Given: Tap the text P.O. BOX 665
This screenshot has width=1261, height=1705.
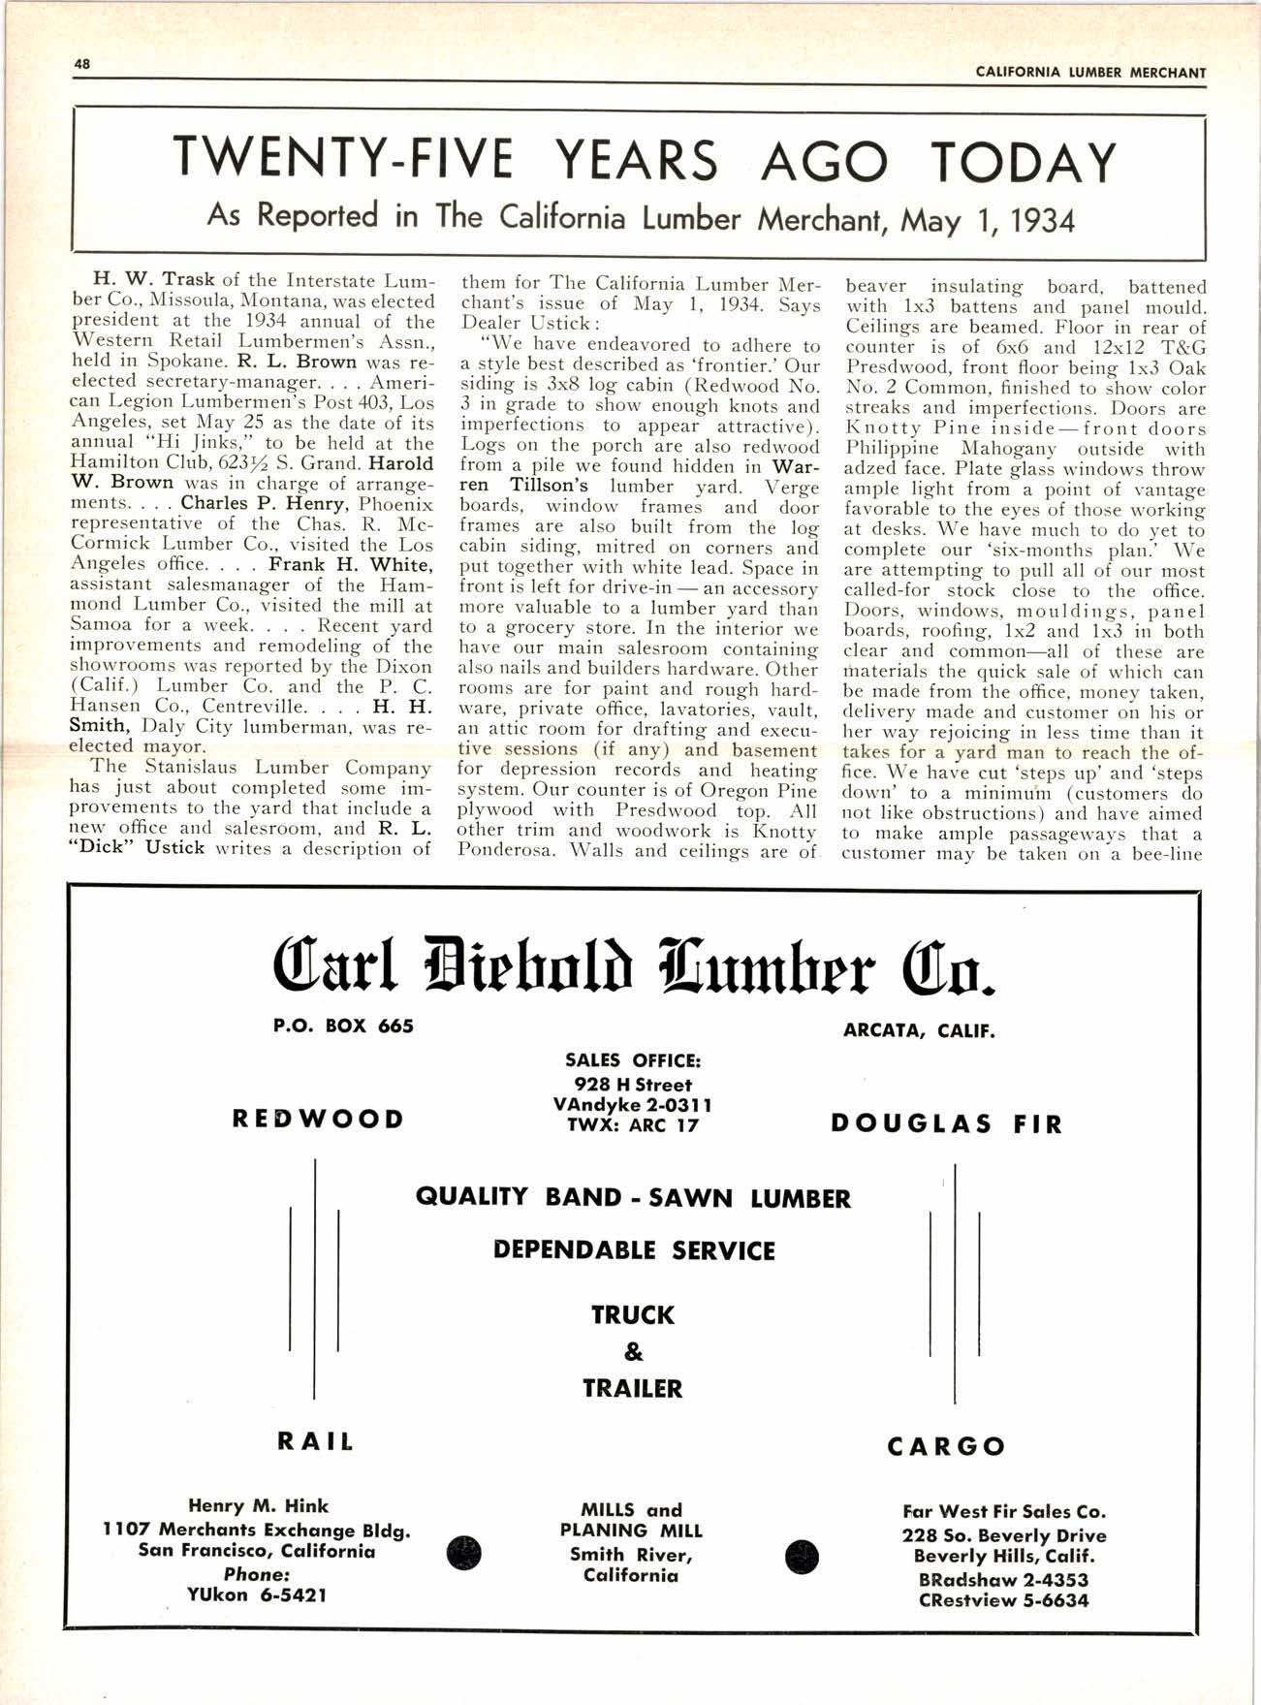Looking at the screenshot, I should [x=345, y=1026].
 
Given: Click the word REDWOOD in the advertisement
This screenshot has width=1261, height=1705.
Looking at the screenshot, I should [x=318, y=1120].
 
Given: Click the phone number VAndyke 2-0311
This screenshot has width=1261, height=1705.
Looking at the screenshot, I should [x=632, y=1105].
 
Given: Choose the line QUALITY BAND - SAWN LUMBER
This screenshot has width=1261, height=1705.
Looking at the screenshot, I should [x=633, y=1198].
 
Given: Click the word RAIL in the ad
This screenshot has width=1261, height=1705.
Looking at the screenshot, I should [x=316, y=1441].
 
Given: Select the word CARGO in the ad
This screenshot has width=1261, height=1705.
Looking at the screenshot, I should [x=947, y=1446].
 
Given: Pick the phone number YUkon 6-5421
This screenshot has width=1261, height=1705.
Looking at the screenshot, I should [x=257, y=1594].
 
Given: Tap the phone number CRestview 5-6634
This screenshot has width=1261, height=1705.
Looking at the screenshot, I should [x=1003, y=1600].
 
